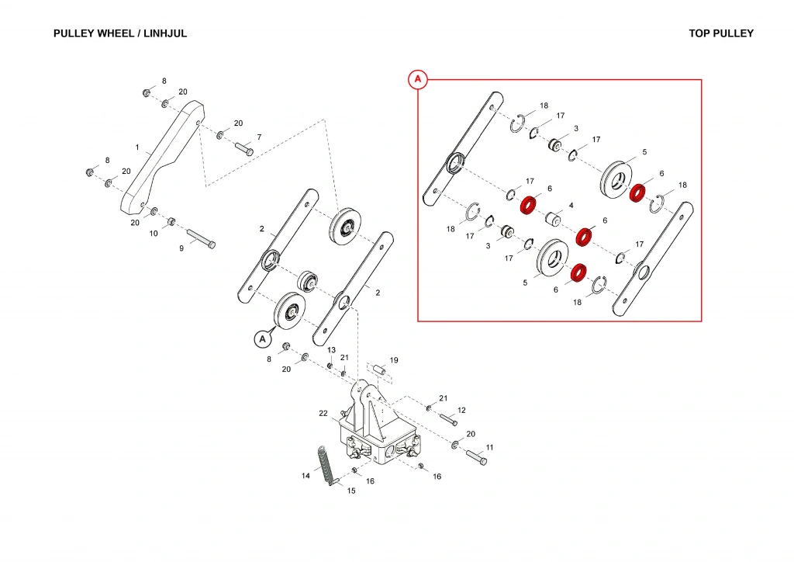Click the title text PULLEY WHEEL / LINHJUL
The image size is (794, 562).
(120, 34)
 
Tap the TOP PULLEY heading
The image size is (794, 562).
(720, 34)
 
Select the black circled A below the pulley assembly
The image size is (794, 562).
(262, 338)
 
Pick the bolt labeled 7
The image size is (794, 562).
(243, 148)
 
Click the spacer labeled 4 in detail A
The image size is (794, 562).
(554, 219)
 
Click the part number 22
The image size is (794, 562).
(324, 414)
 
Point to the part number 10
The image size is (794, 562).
(154, 233)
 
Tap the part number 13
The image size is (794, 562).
(331, 350)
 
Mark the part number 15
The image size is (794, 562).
(350, 491)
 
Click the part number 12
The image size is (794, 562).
(461, 410)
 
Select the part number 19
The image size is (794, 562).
(394, 360)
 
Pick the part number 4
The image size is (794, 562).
(571, 206)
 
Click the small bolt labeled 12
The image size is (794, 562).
(449, 420)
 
